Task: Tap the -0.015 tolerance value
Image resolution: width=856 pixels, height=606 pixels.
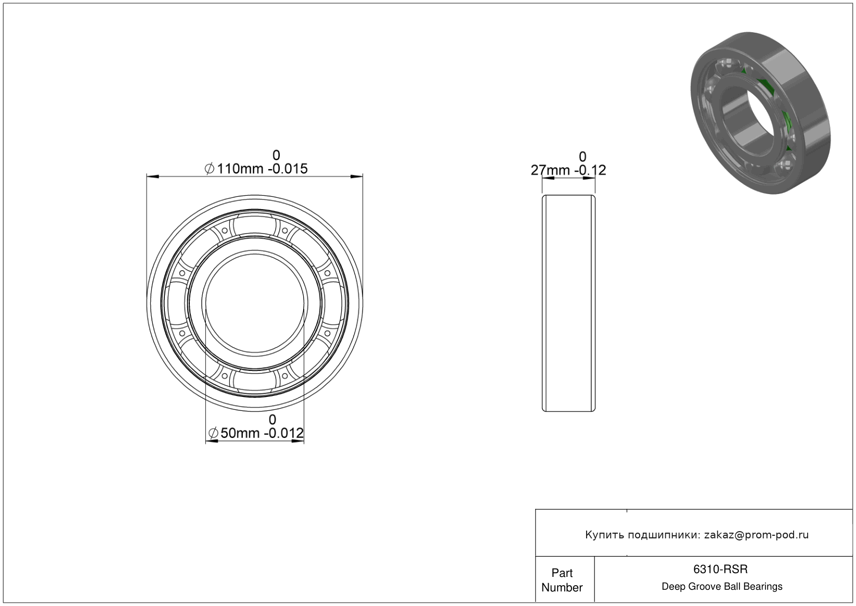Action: point(288,169)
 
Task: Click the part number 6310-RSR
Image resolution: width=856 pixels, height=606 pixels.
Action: point(720,569)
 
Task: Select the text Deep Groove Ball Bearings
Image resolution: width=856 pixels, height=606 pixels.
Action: point(722,587)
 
